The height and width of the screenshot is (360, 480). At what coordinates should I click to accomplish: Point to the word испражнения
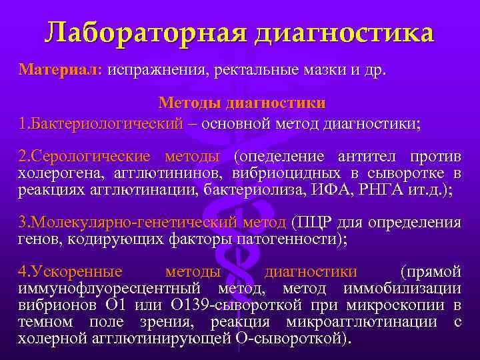coord(157,70)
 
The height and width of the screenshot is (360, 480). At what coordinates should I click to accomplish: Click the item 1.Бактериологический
coord(100,123)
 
